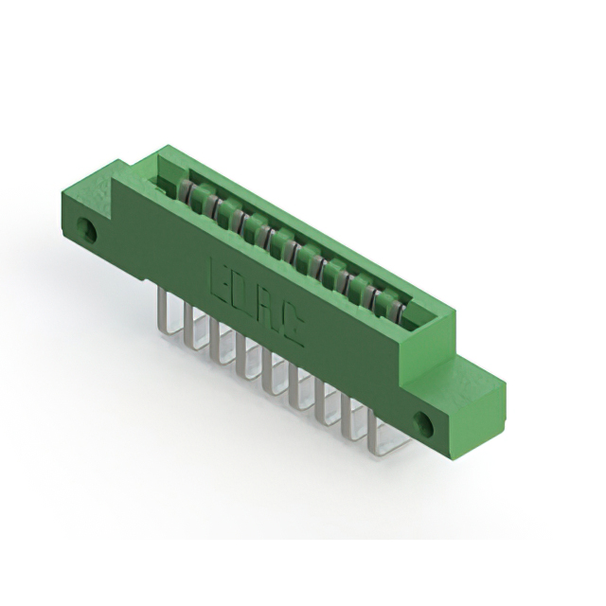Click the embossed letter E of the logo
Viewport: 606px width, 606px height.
pyautogui.click(x=216, y=267)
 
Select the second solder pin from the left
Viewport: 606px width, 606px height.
pyautogui.click(x=192, y=324)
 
